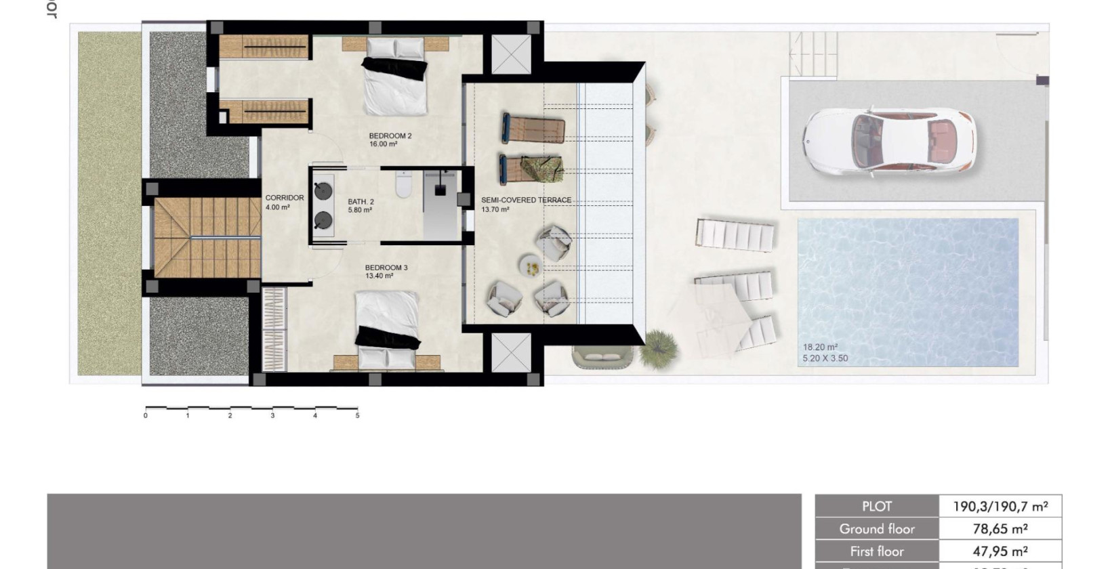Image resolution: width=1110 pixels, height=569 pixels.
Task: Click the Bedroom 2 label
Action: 390,136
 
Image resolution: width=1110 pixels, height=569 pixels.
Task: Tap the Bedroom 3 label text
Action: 386,268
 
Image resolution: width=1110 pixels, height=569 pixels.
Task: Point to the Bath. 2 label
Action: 361,202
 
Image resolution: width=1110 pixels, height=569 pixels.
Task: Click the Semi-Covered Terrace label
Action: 526,201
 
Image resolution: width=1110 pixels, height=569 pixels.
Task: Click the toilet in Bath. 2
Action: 403,185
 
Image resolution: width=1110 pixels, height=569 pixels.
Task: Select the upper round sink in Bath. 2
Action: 323,190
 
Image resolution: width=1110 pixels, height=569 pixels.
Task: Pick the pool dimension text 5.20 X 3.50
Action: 825,358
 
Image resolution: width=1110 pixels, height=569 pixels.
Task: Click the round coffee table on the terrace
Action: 531,266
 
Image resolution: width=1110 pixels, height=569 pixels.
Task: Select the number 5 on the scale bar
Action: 357,416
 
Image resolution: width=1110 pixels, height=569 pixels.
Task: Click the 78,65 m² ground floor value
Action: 1000,529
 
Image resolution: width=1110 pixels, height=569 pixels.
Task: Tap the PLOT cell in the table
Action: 877,507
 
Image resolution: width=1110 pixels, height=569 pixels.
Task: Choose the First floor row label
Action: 877,551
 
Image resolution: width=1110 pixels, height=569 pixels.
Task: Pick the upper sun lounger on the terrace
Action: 533,128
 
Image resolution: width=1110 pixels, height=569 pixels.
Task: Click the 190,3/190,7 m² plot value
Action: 1000,507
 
